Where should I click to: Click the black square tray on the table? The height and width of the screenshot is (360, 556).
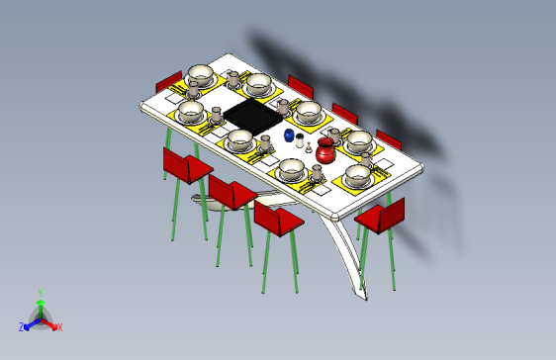coord(253,116)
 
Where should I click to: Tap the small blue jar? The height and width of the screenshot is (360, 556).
coord(289,135)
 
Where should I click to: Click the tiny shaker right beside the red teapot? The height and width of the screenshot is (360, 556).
coord(310,149)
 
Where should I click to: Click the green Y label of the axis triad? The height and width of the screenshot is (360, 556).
coord(40,293)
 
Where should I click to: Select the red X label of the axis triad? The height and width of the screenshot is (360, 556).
coord(59,326)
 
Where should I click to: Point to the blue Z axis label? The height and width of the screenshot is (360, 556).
coord(22,326)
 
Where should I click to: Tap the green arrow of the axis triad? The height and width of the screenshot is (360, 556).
coord(40,307)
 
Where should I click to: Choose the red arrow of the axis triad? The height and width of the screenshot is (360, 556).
coord(50,323)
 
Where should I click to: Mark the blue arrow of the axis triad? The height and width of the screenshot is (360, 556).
coord(30,323)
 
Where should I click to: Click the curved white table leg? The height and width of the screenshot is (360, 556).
coord(346,257)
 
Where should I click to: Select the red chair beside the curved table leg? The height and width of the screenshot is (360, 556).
coord(380,218)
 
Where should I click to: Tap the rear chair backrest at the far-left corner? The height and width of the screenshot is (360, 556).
coord(169,80)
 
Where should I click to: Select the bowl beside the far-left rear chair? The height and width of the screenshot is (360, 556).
coord(200,75)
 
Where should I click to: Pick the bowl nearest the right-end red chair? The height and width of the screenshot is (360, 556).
coord(357,176)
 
